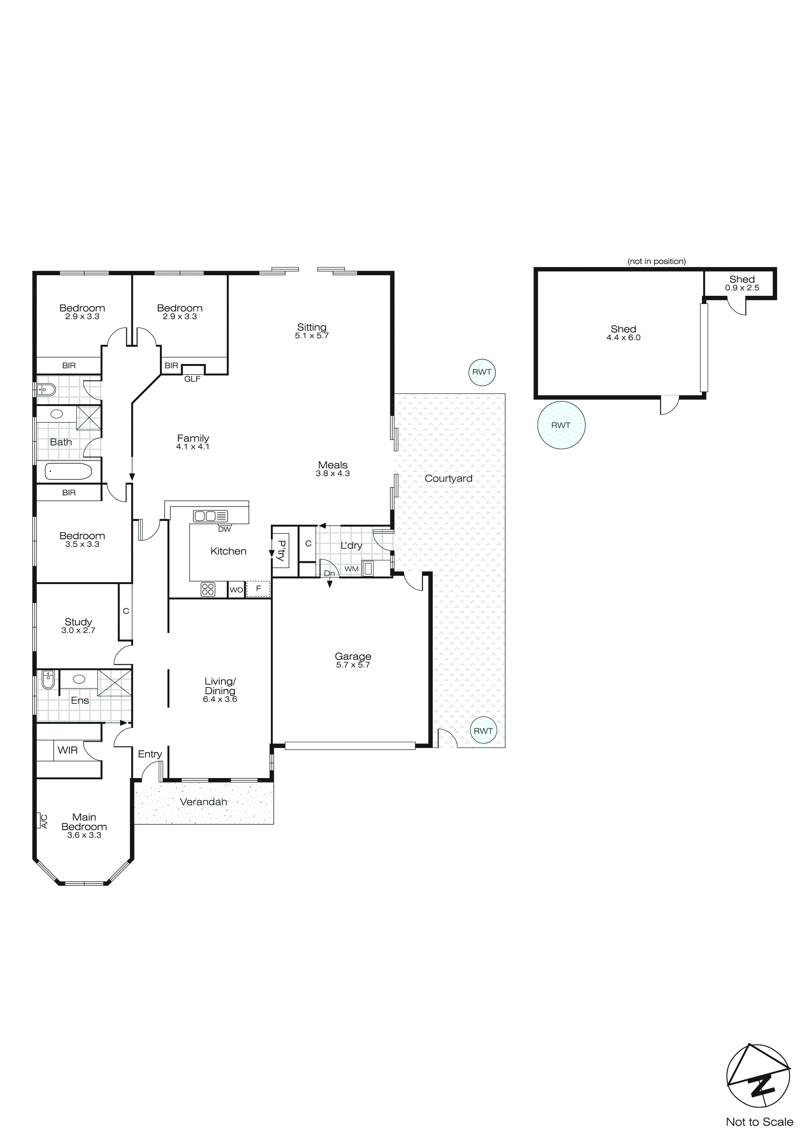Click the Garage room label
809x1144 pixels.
[353, 656]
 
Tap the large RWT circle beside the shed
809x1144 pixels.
[561, 425]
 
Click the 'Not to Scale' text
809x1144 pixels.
[759, 1121]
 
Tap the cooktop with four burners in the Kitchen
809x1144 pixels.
[208, 589]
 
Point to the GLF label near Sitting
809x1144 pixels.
[192, 379]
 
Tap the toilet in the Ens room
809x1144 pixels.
[48, 680]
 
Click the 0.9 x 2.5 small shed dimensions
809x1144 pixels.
[742, 288]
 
